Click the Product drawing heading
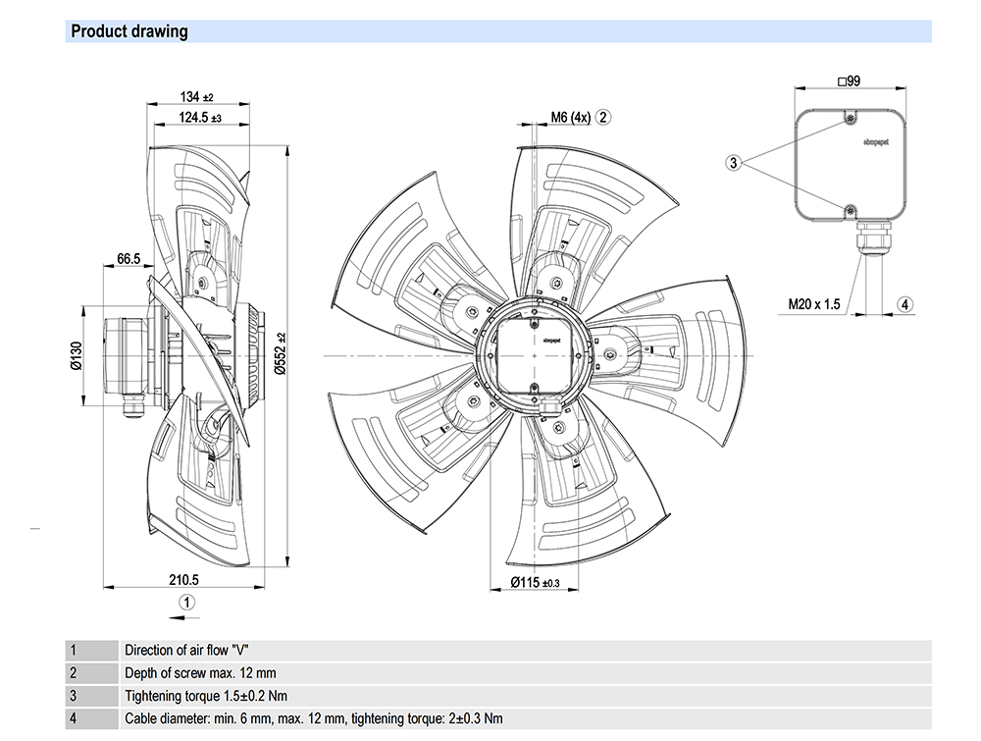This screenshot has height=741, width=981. point(129,31)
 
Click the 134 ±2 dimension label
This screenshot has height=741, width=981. point(196,98)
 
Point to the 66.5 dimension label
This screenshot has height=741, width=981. point(129,259)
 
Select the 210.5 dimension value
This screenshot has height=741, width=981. point(183,578)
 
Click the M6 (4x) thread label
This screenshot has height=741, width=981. point(570,118)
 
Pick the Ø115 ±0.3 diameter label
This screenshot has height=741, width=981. point(536,583)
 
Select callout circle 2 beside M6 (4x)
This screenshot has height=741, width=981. point(604,118)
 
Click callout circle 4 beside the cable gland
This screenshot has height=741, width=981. point(905,304)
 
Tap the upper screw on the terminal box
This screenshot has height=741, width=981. point(850,121)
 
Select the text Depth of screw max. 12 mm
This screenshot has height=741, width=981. point(200,673)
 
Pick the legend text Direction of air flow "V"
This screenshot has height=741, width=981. point(193,650)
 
